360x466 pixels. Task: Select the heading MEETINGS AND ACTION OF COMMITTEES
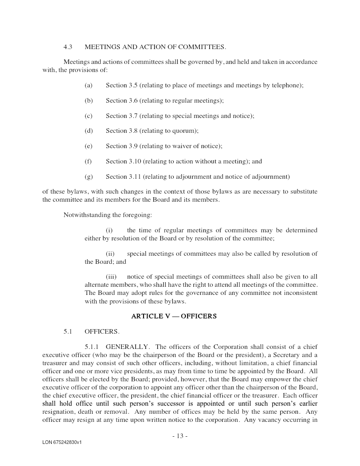pos(155,47)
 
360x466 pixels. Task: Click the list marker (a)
pos(88,85)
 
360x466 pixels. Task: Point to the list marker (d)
pos(88,131)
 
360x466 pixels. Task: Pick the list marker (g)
pos(88,176)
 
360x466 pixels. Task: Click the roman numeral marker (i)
pos(109,230)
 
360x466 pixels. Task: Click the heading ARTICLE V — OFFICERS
pos(174,316)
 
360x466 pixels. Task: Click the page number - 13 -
pos(180,436)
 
